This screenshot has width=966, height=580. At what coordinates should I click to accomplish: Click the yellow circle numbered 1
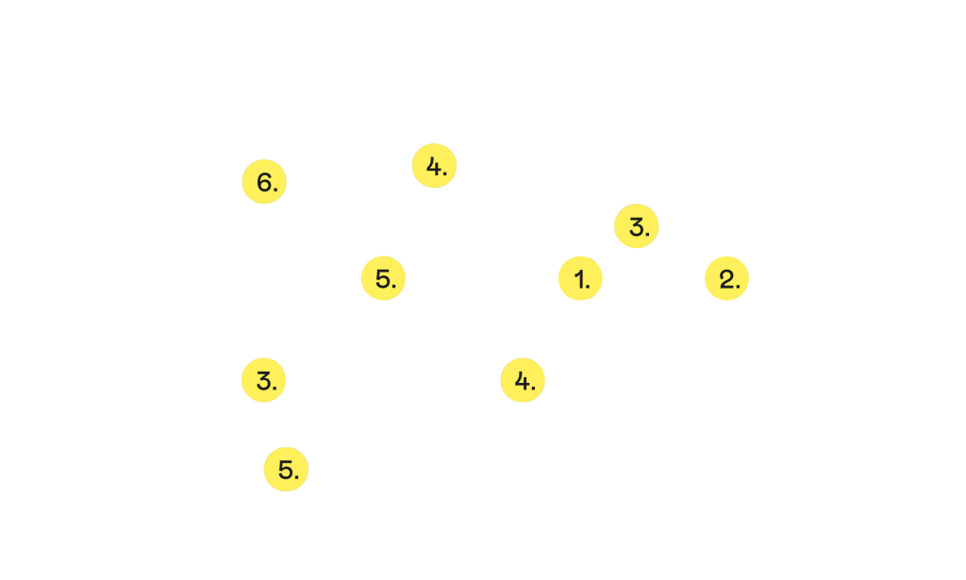coord(580,278)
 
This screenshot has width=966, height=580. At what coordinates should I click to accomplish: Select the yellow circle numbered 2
coord(726,278)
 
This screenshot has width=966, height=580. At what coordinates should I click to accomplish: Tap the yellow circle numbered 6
coord(264,182)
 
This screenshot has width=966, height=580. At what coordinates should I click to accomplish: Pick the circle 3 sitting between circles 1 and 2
coord(637,226)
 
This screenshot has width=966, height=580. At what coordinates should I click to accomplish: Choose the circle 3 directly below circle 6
coord(264,380)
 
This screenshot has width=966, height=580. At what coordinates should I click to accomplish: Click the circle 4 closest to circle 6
coord(434,166)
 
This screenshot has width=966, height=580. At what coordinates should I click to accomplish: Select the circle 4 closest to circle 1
coord(523,380)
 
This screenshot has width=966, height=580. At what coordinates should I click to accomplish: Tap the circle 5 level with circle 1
coord(383,278)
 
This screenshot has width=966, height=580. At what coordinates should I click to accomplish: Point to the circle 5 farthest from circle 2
coord(286,469)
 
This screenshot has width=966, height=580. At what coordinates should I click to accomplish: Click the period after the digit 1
coord(589,285)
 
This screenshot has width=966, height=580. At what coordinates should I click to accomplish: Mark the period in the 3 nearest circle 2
coord(647,233)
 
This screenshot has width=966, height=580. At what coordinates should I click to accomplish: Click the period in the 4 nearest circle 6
coord(444,173)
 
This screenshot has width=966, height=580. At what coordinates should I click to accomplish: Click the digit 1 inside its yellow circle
coord(577,278)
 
